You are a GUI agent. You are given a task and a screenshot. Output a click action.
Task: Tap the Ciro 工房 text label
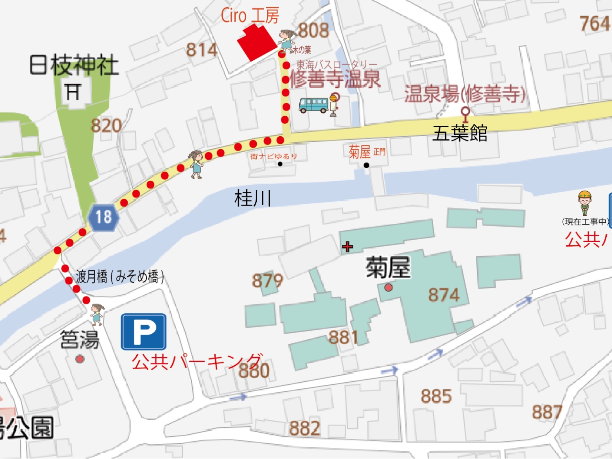[x=250, y=15]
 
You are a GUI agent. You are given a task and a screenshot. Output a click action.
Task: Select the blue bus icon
[x=314, y=105]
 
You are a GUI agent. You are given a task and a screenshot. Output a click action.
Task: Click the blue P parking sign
[x=143, y=332]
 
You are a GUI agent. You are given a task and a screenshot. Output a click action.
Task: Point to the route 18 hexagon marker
[x=103, y=217]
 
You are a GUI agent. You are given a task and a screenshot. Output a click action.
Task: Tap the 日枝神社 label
[x=74, y=65]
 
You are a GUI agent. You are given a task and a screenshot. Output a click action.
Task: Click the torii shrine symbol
[x=73, y=91]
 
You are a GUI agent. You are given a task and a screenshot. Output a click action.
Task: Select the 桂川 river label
[x=253, y=198]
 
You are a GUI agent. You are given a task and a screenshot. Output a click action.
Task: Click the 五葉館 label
[x=459, y=133]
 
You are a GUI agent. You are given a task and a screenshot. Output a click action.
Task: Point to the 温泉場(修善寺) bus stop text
[x=465, y=94]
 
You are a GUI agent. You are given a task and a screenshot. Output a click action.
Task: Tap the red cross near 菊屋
[x=348, y=247]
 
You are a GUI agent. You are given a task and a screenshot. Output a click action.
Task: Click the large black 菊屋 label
[x=388, y=267]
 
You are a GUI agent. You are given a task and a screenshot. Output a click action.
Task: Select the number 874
[x=444, y=295]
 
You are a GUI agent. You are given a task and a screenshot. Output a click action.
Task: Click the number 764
[x=595, y=23]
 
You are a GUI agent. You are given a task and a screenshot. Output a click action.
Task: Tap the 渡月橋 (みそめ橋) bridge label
[x=120, y=276]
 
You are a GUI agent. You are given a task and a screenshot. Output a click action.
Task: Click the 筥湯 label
[x=79, y=340]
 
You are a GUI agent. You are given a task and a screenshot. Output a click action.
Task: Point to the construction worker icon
[x=585, y=203]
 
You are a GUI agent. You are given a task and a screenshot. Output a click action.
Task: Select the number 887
[x=547, y=412]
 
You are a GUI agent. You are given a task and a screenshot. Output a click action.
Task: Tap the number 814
[x=201, y=49]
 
